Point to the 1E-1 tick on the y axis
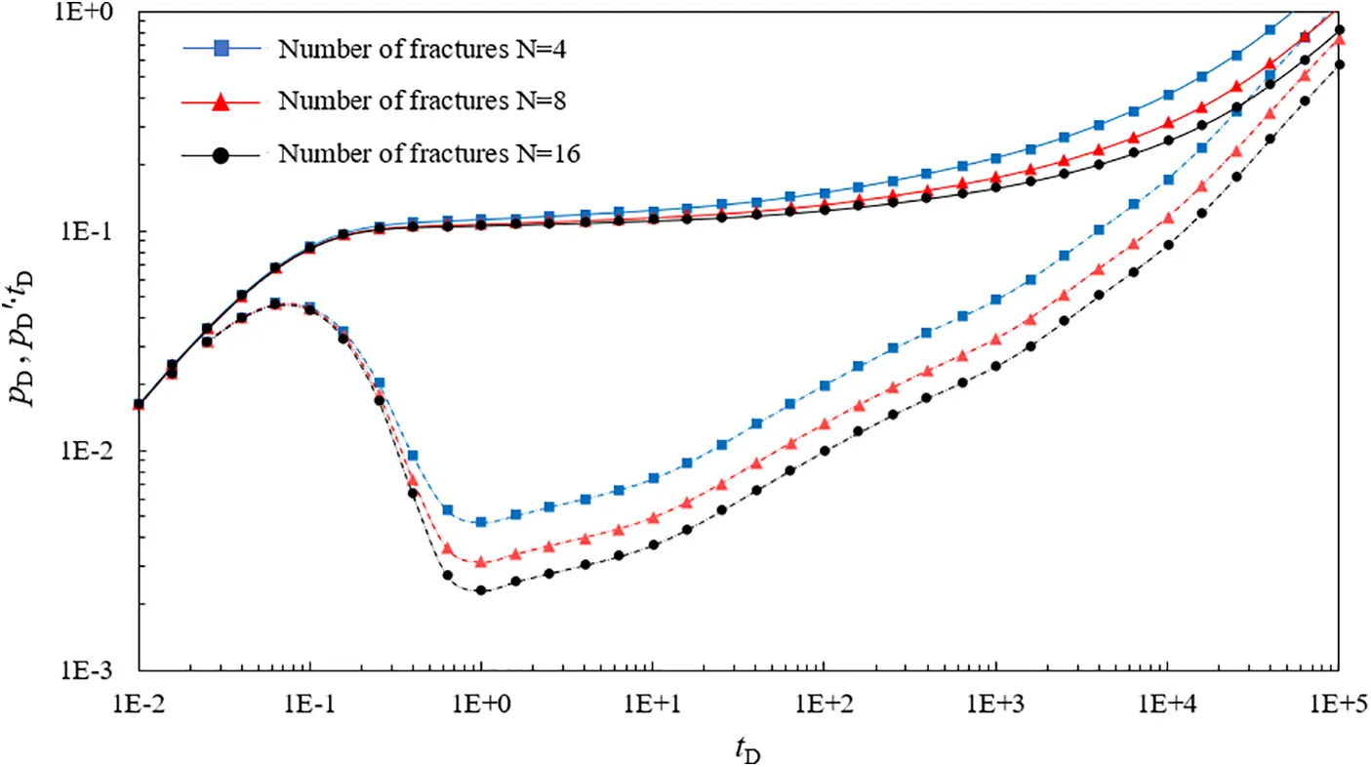[x=101, y=232]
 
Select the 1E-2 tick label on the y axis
[x=101, y=452]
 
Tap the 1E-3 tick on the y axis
[x=101, y=671]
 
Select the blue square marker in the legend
[x=221, y=49]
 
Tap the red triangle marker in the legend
[x=221, y=101]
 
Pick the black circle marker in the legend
[x=221, y=153]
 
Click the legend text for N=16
[x=429, y=153]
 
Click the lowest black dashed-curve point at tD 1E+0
[x=481, y=590]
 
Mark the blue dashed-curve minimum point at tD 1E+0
[x=481, y=522]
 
